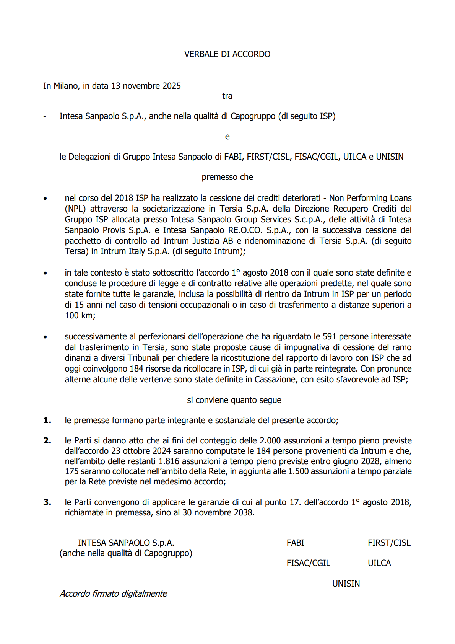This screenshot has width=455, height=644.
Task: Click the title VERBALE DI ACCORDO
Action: pyautogui.click(x=227, y=54)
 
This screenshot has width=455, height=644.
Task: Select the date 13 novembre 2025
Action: pyautogui.click(x=146, y=86)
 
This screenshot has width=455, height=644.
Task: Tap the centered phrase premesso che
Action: pyautogui.click(x=227, y=177)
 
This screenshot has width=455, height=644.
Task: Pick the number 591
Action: pyautogui.click(x=329, y=337)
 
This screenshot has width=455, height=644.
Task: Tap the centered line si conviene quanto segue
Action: pyautogui.click(x=234, y=400)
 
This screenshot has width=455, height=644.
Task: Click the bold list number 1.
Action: pyautogui.click(x=47, y=421)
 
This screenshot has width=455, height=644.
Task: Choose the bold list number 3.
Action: pyautogui.click(x=47, y=502)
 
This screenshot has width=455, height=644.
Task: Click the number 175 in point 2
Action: pyautogui.click(x=71, y=471)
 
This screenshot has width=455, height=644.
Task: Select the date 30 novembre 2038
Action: pyautogui.click(x=218, y=513)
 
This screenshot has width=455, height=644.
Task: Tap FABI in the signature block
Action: pyautogui.click(x=295, y=543)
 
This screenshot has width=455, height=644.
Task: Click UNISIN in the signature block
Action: pyautogui.click(x=346, y=584)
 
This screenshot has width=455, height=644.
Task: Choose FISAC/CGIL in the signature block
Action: pyautogui.click(x=308, y=563)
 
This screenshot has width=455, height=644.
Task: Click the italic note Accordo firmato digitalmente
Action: pyautogui.click(x=114, y=594)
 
